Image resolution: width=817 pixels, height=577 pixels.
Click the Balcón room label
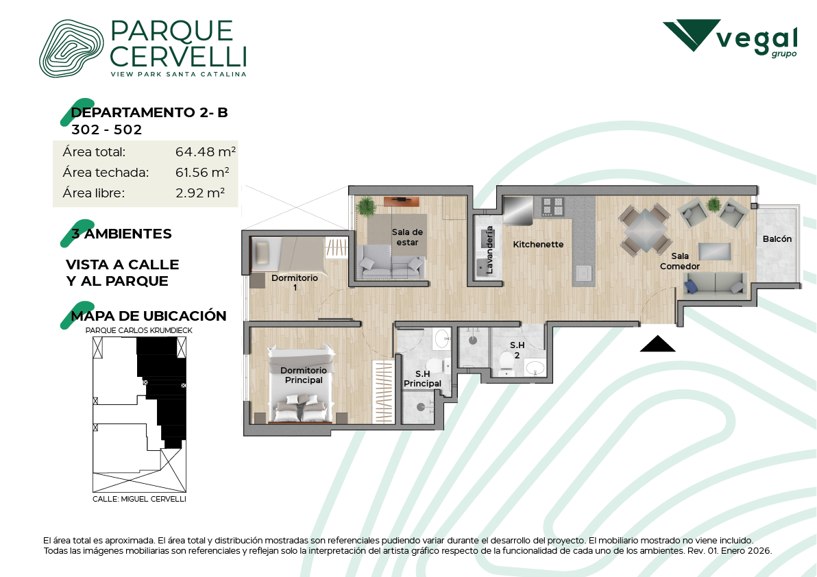point(777,239)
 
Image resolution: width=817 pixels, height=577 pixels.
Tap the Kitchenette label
point(538,244)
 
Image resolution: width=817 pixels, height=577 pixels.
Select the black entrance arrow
point(657,344)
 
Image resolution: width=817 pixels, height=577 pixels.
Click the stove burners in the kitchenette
point(553,206)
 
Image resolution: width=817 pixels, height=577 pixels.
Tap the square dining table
point(645,229)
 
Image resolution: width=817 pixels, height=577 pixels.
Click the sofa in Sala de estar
point(391,262)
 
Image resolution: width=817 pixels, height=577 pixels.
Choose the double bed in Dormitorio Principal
point(301,384)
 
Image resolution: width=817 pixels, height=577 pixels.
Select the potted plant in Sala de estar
point(366,206)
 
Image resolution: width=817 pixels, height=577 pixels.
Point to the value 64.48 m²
point(206,151)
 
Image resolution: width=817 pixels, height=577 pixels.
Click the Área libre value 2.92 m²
point(200,193)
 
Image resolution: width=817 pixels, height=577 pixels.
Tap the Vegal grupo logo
point(730,38)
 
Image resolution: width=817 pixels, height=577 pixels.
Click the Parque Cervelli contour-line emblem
point(71,49)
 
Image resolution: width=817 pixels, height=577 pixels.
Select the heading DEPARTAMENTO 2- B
point(149,112)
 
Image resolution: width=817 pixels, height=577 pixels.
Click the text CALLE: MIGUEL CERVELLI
point(139,499)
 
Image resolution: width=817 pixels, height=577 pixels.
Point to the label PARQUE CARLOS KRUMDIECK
point(139,330)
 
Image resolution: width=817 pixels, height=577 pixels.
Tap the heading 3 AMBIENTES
point(121,234)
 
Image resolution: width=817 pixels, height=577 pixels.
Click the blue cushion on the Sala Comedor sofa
point(692,285)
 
